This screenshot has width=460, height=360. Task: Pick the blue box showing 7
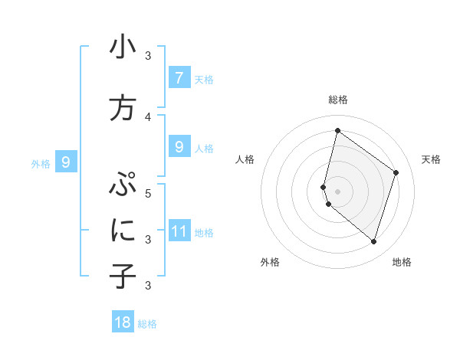pyautogui.click(x=179, y=78)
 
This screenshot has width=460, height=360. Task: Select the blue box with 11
pyautogui.click(x=179, y=231)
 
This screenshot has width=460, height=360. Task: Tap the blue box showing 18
pyautogui.click(x=123, y=322)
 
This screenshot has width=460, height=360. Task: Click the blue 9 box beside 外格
pyautogui.click(x=66, y=162)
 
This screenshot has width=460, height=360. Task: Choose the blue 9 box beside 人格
pyautogui.click(x=179, y=147)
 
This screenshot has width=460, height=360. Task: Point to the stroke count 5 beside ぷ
pyautogui.click(x=148, y=193)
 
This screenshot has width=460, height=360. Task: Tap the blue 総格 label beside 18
pyautogui.click(x=147, y=324)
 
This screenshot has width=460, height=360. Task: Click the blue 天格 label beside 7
pyautogui.click(x=203, y=79)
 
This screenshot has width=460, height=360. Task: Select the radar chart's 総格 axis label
pyautogui.click(x=338, y=100)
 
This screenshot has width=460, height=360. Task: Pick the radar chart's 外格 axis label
pyautogui.click(x=270, y=262)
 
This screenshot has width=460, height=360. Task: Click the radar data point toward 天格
pyautogui.click(x=396, y=172)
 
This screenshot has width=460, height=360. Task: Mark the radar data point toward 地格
pyautogui.click(x=373, y=241)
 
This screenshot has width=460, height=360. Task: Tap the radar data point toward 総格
pyautogui.click(x=337, y=131)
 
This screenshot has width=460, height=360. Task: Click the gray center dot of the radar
pyautogui.click(x=337, y=191)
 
